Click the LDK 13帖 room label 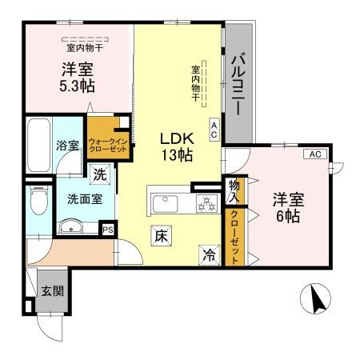(177, 146)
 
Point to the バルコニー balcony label (238, 84)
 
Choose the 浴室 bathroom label (67, 146)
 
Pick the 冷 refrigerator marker (208, 256)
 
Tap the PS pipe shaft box (107, 228)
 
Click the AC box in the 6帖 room (314, 154)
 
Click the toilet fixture (37, 202)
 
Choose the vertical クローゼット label (234, 238)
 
